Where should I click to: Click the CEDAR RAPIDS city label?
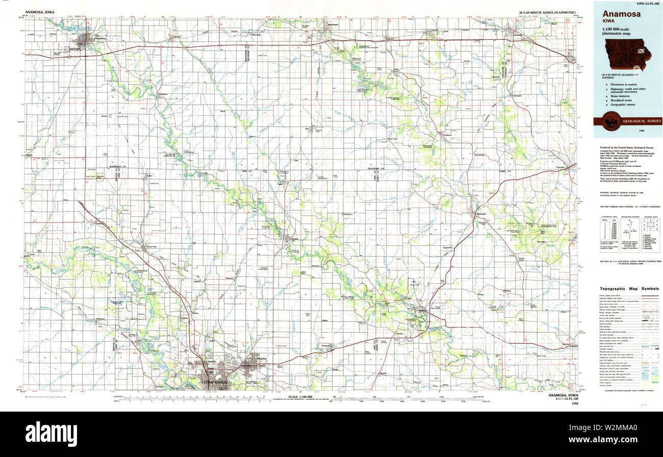pos(209,382)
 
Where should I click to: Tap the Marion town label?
pos(262,359)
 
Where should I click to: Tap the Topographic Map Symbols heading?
pos(629,289)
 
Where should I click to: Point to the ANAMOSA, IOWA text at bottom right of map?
pos(563,395)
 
